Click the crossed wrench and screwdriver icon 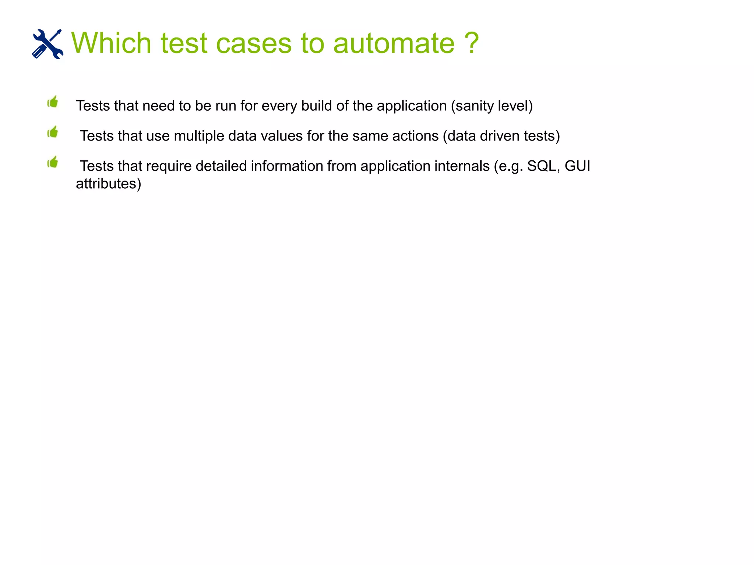coord(47,44)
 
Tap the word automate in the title coord(394,43)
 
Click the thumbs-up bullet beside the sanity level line coord(53,102)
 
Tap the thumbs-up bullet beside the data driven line coord(53,132)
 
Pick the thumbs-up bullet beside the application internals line coord(53,162)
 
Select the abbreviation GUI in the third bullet coord(577,166)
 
